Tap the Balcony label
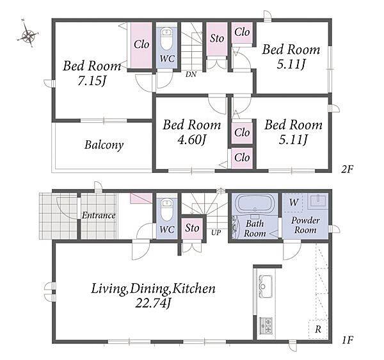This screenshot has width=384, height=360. [104, 145]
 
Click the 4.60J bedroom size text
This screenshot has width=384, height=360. [191, 140]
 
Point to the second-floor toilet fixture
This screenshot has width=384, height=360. [166, 39]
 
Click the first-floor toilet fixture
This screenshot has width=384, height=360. [166, 210]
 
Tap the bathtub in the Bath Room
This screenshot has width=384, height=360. [255, 202]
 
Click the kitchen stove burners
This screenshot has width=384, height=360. [266, 325]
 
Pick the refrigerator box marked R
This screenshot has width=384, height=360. [318, 329]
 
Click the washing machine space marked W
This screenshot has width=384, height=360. [293, 202]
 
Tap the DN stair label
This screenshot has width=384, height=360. [191, 74]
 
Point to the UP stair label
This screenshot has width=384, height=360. [216, 232]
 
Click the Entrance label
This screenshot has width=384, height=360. [99, 215]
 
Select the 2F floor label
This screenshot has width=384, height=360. [347, 169]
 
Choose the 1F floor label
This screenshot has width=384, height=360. [347, 340]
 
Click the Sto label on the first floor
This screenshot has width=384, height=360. [192, 228]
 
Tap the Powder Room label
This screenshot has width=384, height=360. [305, 225]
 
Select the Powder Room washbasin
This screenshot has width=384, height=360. [317, 200]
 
